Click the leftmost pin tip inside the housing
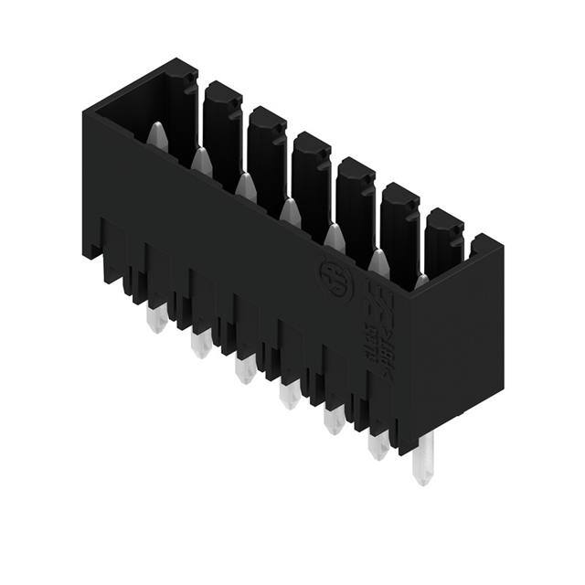(x=156, y=134)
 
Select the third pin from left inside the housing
(x=245, y=186)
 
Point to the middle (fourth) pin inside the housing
(x=290, y=211)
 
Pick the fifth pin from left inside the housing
(x=334, y=237)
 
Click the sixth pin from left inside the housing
(x=378, y=262)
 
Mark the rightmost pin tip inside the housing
(x=420, y=282)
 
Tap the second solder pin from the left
(x=200, y=345)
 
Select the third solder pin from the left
(x=244, y=370)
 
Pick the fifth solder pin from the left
(x=333, y=420)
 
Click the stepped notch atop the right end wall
(x=483, y=245)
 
